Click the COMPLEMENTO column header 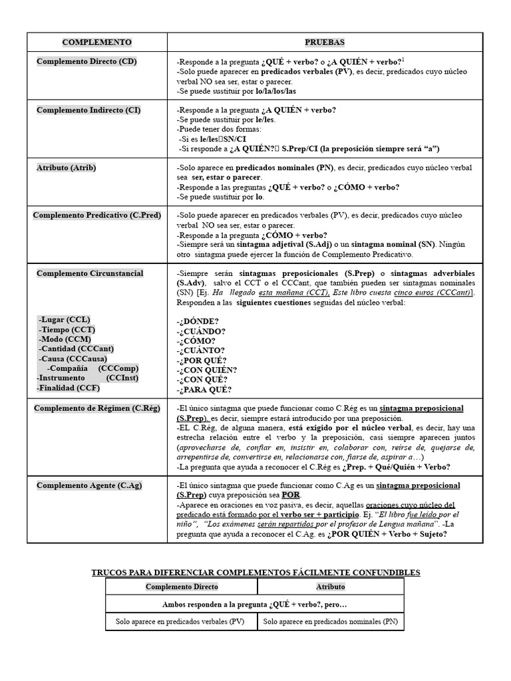(96, 42)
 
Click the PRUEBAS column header (325, 42)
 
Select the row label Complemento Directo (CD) (87, 62)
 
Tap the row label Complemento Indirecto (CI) (88, 110)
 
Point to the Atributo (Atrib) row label (66, 168)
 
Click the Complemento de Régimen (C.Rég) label (96, 408)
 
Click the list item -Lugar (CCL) (64, 319)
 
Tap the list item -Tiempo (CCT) (67, 329)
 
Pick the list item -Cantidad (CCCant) (77, 348)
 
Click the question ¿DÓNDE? (198, 321)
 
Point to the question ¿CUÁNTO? (200, 350)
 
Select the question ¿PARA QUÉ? (204, 390)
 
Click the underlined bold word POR (290, 495)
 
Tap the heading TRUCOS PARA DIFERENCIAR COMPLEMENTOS (255, 573)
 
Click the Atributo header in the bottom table (330, 587)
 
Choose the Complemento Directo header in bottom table (182, 587)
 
